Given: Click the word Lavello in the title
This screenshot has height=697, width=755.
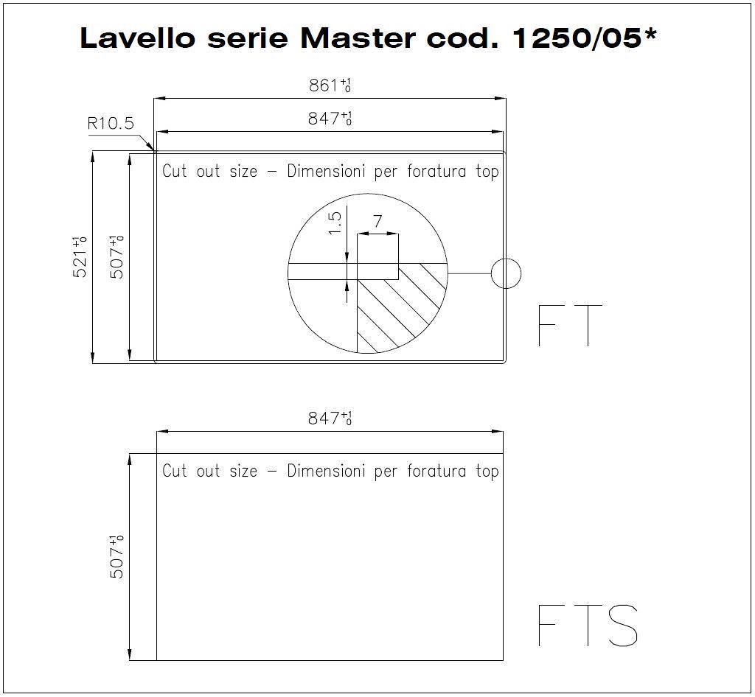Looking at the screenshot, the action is pos(137,38).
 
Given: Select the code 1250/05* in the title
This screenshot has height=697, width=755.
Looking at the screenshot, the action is pos(585,38).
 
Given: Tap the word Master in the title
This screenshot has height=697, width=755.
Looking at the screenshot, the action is pos(358,38).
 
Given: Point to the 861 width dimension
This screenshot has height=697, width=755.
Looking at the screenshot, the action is pos(330,85).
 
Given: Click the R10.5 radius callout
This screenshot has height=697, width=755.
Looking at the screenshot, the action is pos(111,124).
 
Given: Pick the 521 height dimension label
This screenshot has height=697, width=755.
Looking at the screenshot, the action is pos(80,257).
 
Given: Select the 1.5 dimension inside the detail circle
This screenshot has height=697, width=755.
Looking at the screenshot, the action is pos(335,223).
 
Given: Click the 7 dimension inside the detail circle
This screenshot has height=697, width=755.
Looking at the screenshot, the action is pos(377,221).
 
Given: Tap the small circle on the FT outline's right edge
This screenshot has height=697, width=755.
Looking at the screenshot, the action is pos(506,273).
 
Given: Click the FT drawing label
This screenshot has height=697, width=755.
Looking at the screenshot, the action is pos(570,325).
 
